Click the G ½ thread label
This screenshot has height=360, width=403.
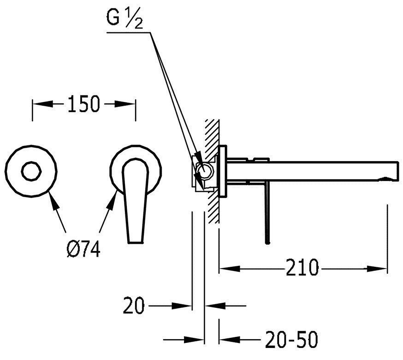(124, 19)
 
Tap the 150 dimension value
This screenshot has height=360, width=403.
(83, 104)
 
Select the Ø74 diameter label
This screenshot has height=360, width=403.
(83, 249)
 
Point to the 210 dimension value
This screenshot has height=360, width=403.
(302, 268)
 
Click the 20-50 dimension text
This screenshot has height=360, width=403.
(291, 339)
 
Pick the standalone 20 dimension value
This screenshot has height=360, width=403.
(134, 306)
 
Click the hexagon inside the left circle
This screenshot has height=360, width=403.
(31, 171)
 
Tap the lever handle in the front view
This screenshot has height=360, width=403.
(135, 201)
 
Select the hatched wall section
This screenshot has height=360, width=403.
(212, 171)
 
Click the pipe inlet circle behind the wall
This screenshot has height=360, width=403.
(204, 171)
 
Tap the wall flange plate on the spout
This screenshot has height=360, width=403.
(223, 171)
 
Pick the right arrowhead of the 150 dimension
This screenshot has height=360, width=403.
(125, 104)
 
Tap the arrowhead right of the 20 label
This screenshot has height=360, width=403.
(182, 306)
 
